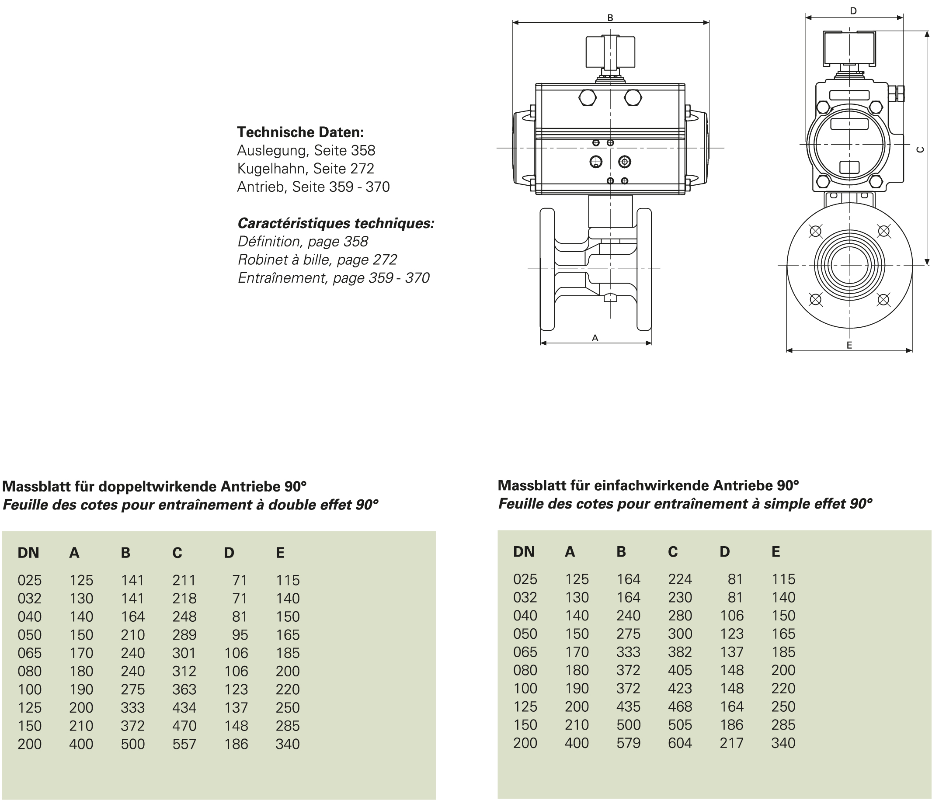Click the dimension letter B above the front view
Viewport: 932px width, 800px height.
click(x=610, y=18)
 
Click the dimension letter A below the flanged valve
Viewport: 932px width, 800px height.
click(x=595, y=338)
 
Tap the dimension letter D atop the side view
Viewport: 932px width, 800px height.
click(x=853, y=11)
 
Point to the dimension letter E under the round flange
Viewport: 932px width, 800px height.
click(x=849, y=345)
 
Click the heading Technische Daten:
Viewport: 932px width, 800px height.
click(x=300, y=132)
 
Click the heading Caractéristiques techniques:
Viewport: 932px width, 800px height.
click(x=336, y=223)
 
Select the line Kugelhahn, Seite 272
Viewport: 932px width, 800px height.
click(x=306, y=169)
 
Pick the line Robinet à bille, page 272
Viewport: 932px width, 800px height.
click(x=317, y=260)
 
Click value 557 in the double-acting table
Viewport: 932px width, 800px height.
click(x=184, y=744)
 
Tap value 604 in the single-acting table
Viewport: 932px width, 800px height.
click(x=680, y=743)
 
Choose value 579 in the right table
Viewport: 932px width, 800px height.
click(x=628, y=743)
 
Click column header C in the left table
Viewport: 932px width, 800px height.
click(x=177, y=553)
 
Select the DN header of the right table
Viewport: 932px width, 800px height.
click(x=524, y=552)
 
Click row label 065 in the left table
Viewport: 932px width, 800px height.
click(x=30, y=653)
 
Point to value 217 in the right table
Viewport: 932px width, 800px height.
click(x=731, y=743)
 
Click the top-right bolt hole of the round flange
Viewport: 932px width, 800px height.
click(x=884, y=231)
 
